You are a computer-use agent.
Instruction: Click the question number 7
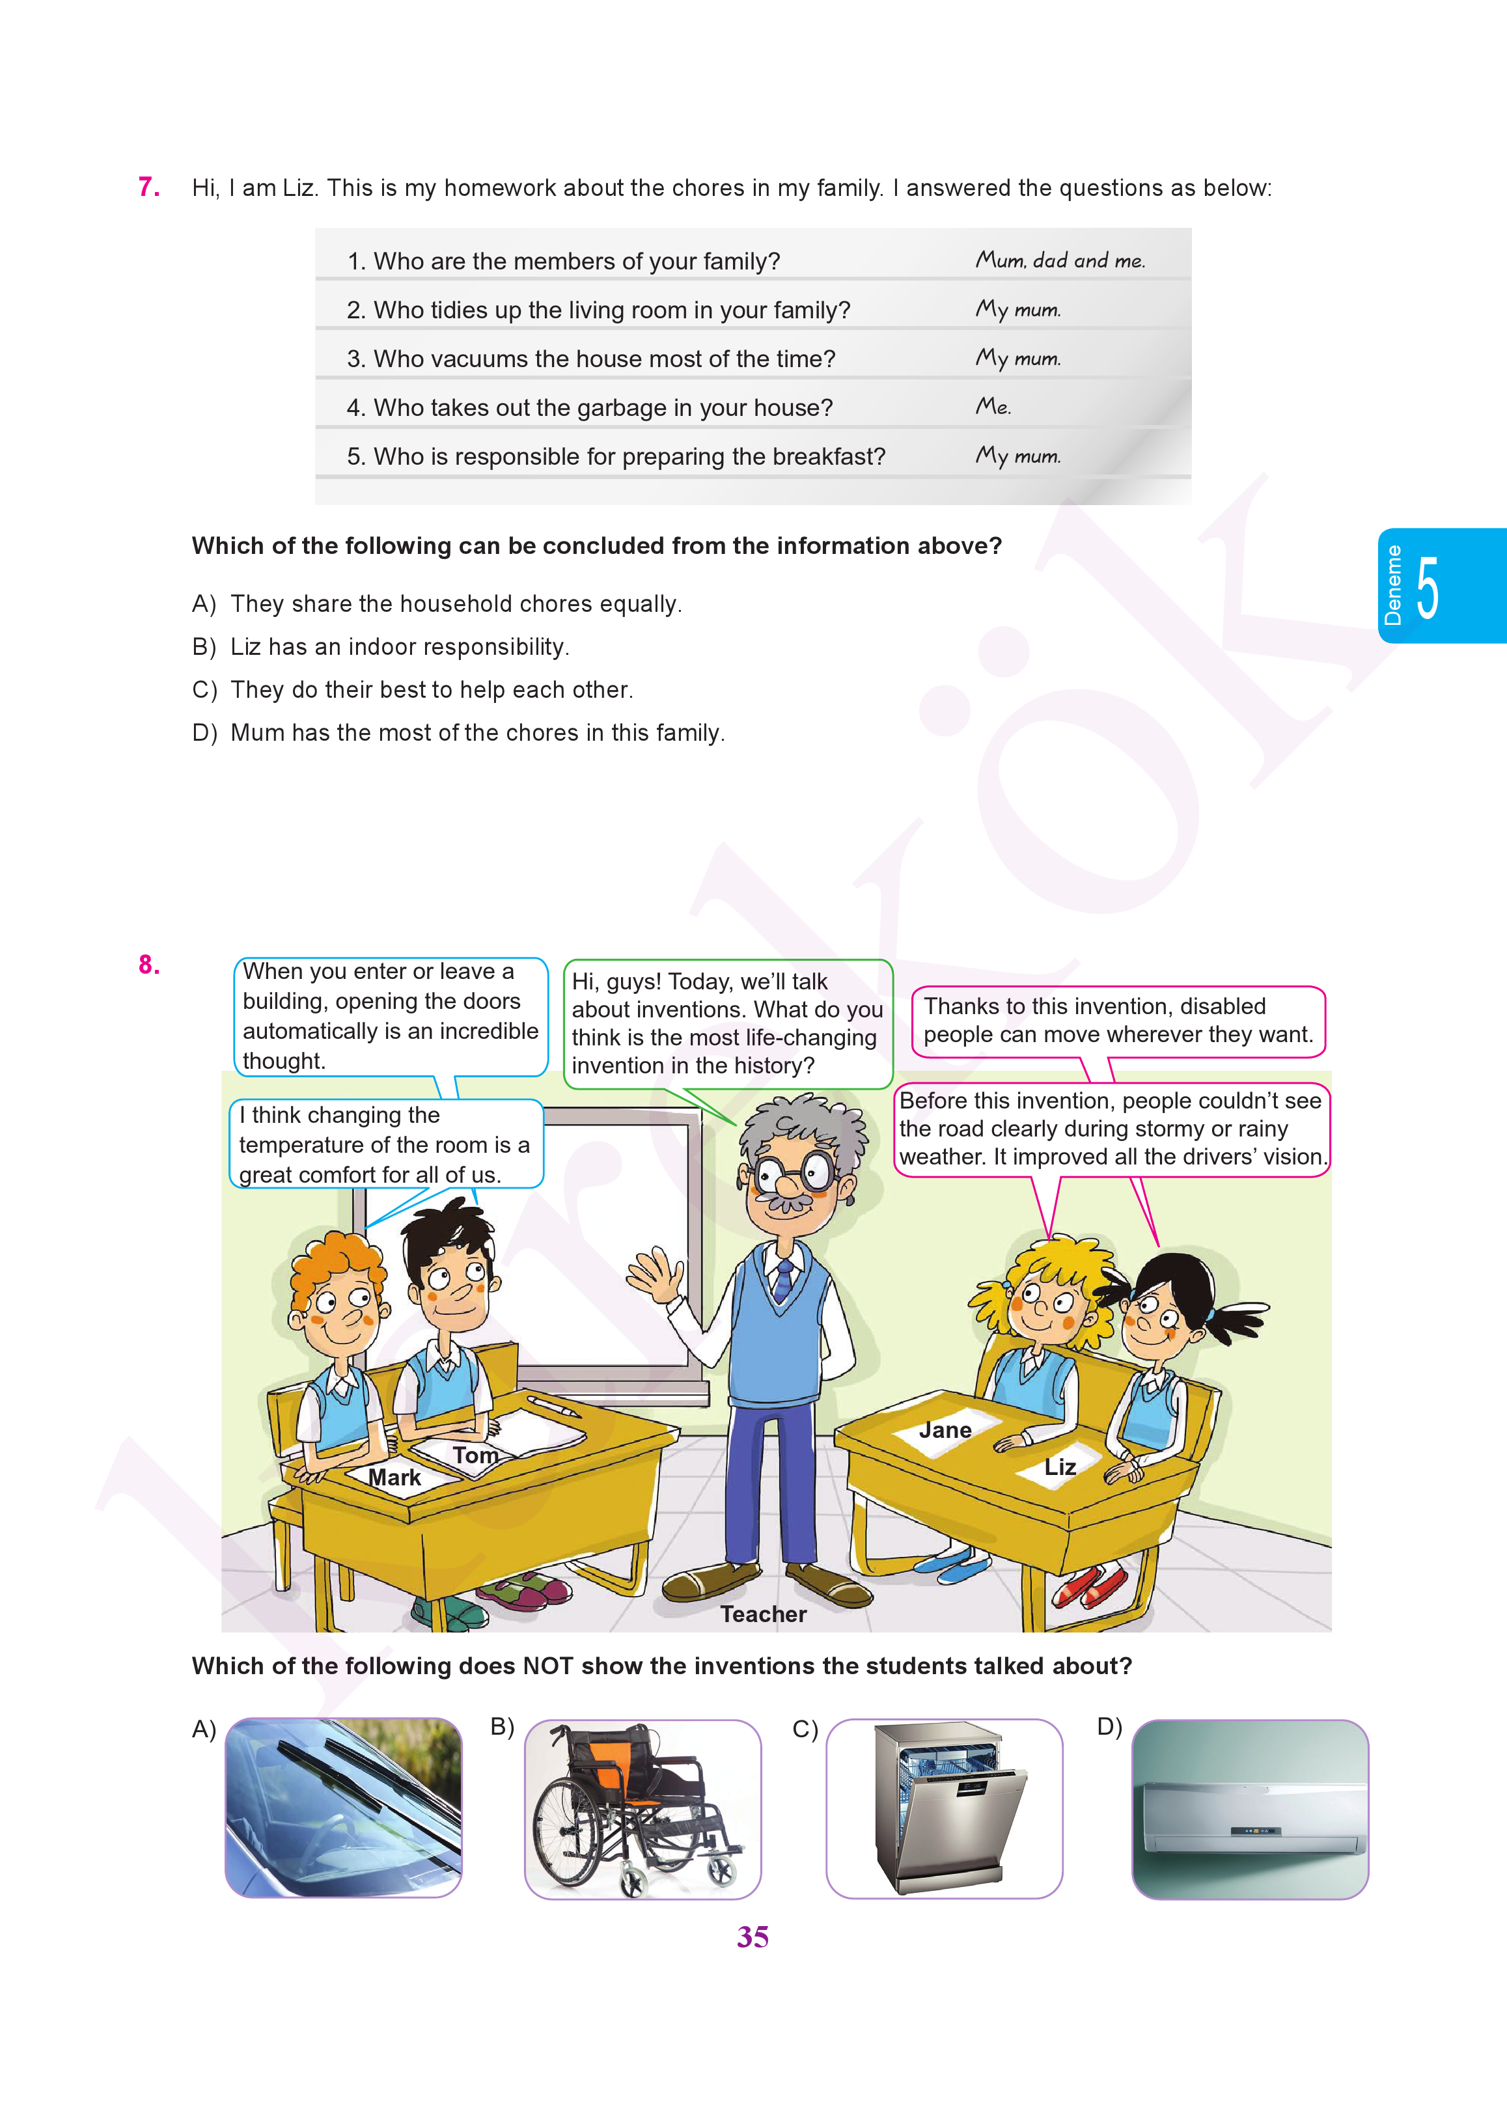(x=148, y=187)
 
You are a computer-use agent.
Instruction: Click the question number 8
(x=148, y=965)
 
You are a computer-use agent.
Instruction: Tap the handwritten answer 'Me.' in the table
(x=992, y=406)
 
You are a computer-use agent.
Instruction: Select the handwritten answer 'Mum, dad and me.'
(x=1060, y=261)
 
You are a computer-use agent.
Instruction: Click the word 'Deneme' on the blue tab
(x=1393, y=585)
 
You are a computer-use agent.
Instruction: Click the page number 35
(x=753, y=1936)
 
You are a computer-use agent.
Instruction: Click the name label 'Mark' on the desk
(x=394, y=1477)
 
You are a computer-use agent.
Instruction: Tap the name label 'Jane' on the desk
(x=945, y=1430)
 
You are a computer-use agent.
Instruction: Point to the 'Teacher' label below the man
(x=764, y=1614)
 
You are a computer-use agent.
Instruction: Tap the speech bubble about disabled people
(x=1118, y=1021)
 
